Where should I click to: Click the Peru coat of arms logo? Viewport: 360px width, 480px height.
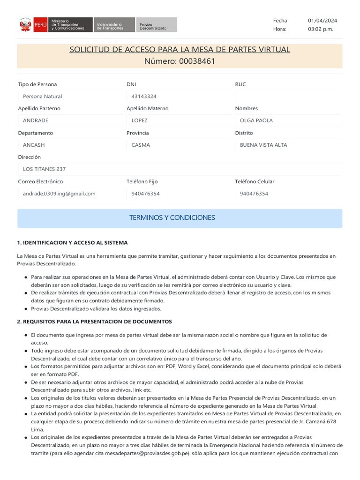click(25, 24)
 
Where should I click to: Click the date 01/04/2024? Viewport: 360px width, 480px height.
click(322, 21)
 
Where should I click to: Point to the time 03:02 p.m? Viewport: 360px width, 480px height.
click(321, 29)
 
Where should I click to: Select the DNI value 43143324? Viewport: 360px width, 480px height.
click(144, 97)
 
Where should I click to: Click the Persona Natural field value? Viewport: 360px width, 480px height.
click(43, 97)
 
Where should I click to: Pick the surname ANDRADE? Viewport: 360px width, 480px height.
click(36, 120)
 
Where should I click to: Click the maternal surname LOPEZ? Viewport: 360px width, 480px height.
click(140, 120)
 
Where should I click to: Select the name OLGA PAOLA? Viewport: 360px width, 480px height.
click(256, 120)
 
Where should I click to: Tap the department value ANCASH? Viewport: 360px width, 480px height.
click(34, 145)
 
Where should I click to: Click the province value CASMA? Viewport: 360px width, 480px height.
click(141, 145)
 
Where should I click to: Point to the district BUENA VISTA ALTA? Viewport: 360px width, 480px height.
click(263, 145)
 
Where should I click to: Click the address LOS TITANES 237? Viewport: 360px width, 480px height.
click(45, 169)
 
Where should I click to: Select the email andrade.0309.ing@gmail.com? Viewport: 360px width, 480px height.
click(59, 194)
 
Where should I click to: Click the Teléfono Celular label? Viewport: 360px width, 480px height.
click(255, 181)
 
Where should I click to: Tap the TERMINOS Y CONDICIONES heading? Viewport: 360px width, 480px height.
click(172, 217)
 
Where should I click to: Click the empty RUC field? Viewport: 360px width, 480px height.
click(288, 97)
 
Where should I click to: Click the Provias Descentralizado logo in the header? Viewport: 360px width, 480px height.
click(157, 25)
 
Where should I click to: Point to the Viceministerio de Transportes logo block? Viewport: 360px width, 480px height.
click(113, 25)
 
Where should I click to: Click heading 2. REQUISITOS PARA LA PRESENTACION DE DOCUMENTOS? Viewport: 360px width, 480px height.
click(94, 322)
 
